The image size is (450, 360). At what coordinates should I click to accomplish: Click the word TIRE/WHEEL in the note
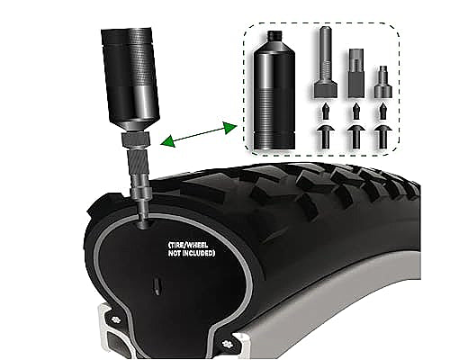pyautogui.click(x=189, y=245)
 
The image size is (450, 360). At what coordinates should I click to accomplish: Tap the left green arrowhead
pyautogui.click(x=167, y=141)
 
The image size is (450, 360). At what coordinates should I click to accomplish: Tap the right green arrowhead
pyautogui.click(x=229, y=128)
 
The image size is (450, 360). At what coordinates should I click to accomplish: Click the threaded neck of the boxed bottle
pyautogui.click(x=274, y=35)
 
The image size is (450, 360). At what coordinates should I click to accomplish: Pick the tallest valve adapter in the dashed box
pyautogui.click(x=326, y=62)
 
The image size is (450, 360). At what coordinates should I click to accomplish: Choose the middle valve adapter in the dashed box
pyautogui.click(x=356, y=74)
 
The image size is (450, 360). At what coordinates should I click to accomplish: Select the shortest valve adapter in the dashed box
pyautogui.click(x=382, y=82)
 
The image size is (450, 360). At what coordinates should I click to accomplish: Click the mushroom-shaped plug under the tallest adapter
pyautogui.click(x=326, y=137)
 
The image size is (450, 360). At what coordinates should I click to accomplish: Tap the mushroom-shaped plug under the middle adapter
pyautogui.click(x=356, y=137)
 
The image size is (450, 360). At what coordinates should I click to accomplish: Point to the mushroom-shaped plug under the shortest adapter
pyautogui.click(x=382, y=137)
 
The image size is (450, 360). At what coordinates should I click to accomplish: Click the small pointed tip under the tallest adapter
pyautogui.click(x=326, y=112)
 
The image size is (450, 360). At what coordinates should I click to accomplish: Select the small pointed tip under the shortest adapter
pyautogui.click(x=382, y=112)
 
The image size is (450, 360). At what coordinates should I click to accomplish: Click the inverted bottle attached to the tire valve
pyautogui.click(x=130, y=78)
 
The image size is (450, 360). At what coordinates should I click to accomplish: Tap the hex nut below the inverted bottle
pyautogui.click(x=135, y=139)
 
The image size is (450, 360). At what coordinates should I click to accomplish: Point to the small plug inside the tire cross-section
pyautogui.click(x=157, y=285)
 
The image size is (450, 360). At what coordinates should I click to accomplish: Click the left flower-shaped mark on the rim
pyautogui.click(x=115, y=320)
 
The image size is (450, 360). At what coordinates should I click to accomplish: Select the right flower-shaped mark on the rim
pyautogui.click(x=227, y=343)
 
